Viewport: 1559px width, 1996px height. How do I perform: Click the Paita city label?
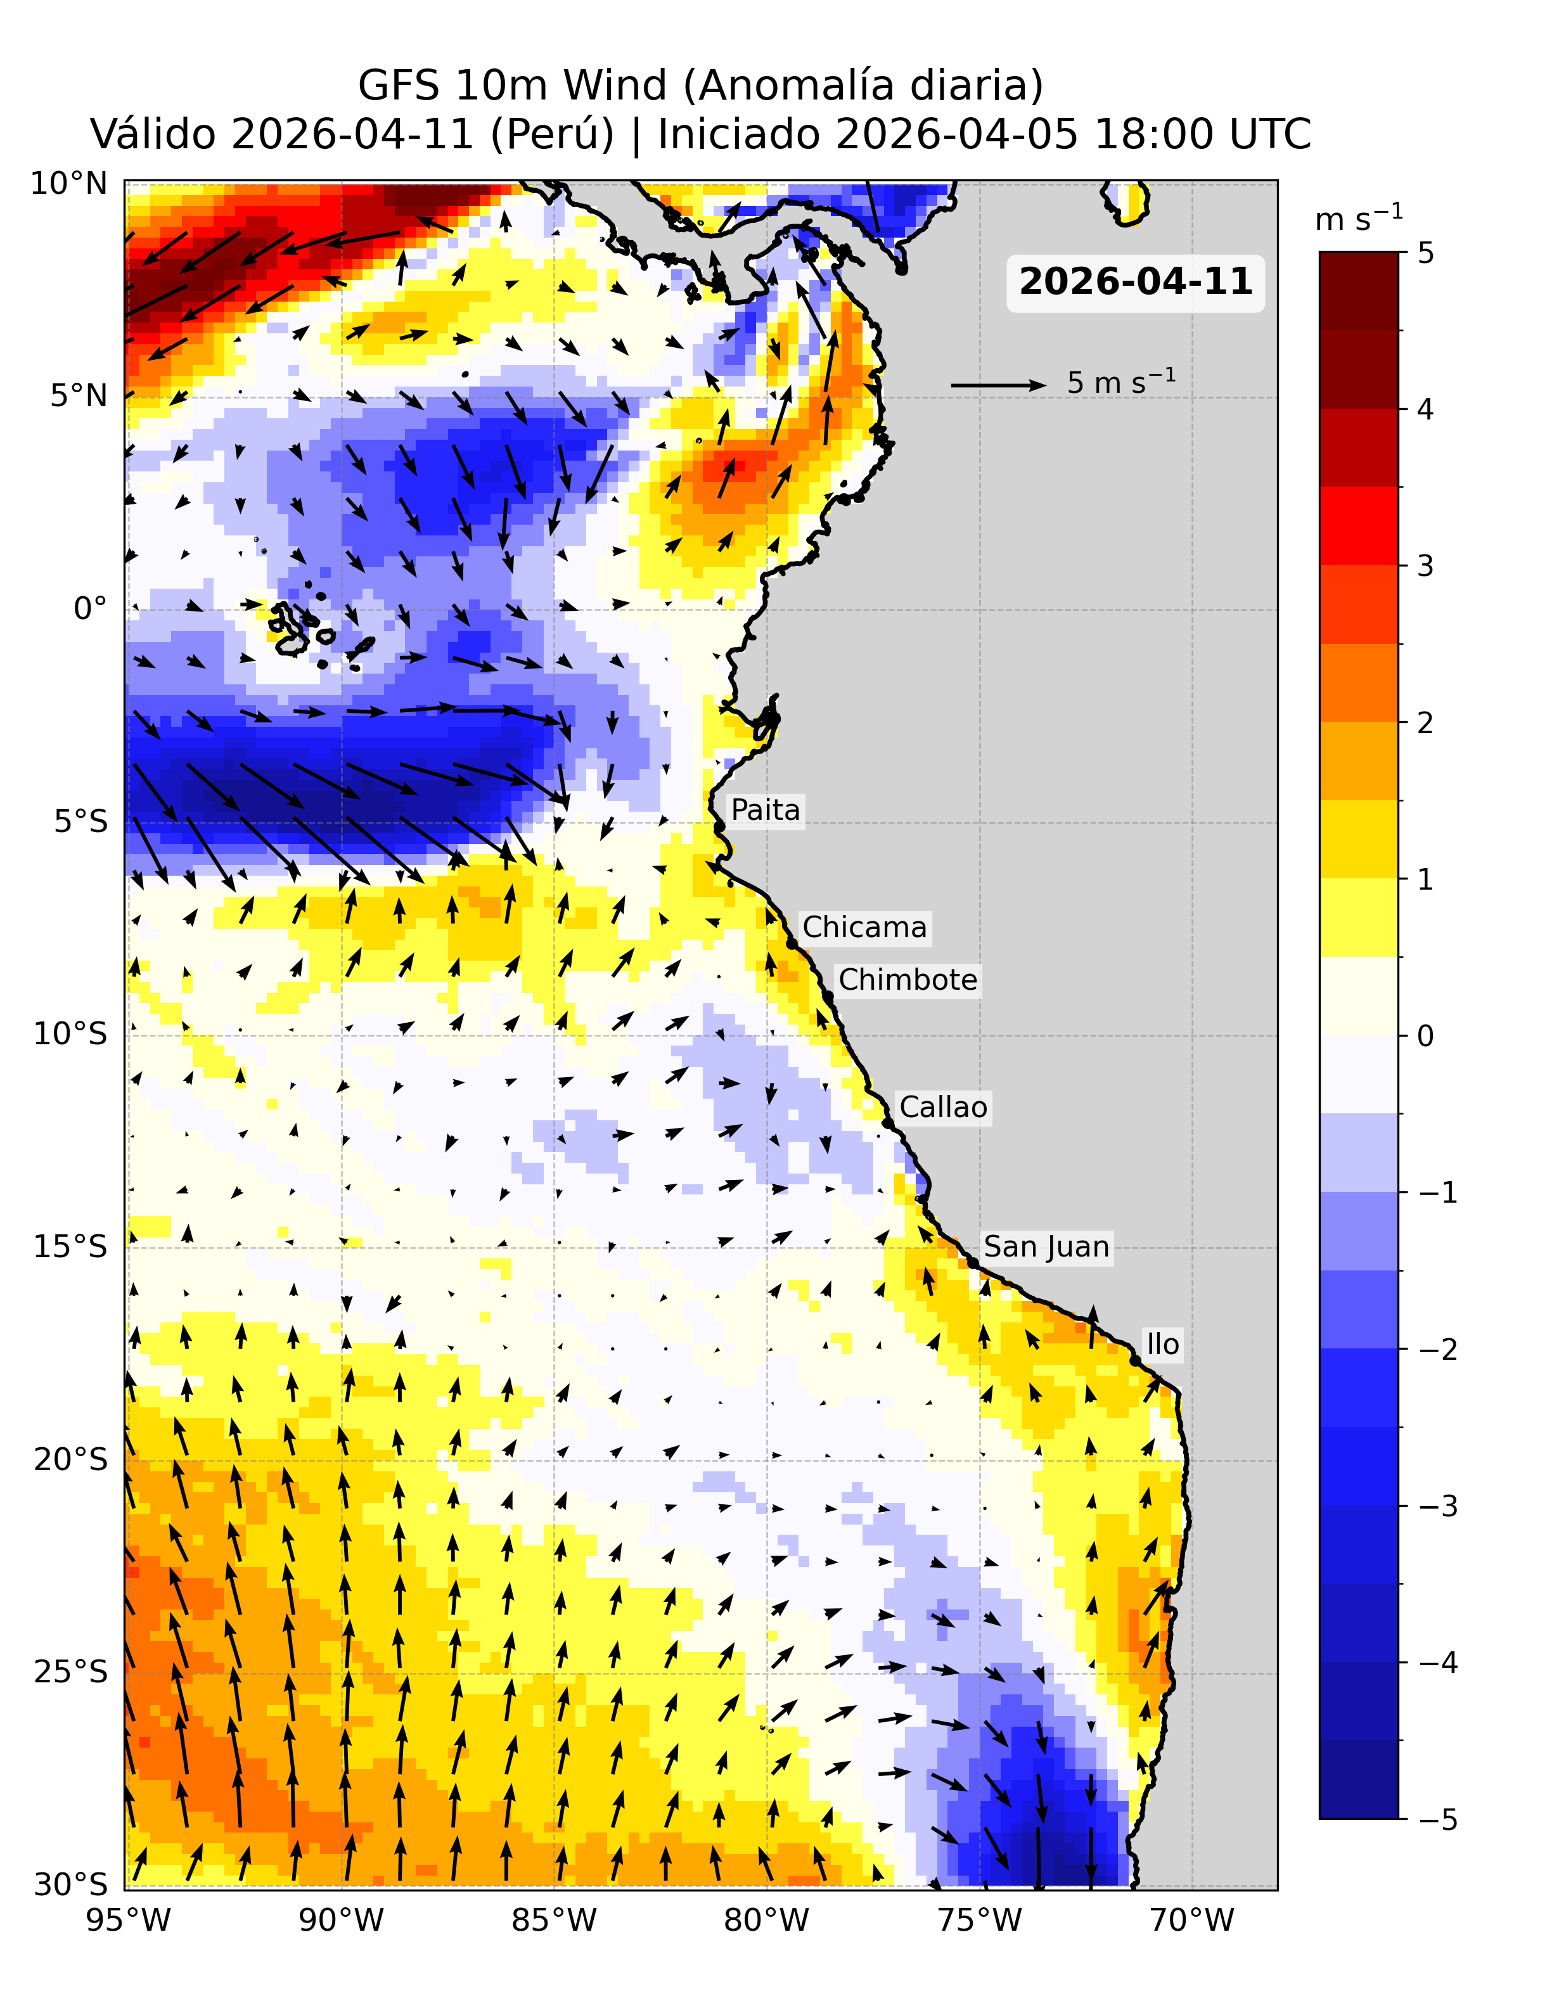click(x=765, y=810)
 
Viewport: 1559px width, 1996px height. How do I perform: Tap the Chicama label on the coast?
click(x=864, y=928)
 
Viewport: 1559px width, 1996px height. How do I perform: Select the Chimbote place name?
click(x=908, y=980)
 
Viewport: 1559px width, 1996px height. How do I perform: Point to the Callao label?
click(x=943, y=1108)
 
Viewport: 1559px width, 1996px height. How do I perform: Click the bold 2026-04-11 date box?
click(x=1135, y=283)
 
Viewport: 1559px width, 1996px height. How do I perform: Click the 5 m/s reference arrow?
click(x=998, y=385)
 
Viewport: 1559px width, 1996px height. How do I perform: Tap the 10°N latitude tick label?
click(x=70, y=184)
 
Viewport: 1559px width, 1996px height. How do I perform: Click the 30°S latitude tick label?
click(x=70, y=1884)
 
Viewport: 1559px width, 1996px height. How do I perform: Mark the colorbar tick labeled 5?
click(x=1425, y=253)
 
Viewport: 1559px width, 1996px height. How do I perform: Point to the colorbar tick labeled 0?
click(x=1425, y=1037)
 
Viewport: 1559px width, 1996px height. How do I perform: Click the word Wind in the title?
click(x=615, y=86)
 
